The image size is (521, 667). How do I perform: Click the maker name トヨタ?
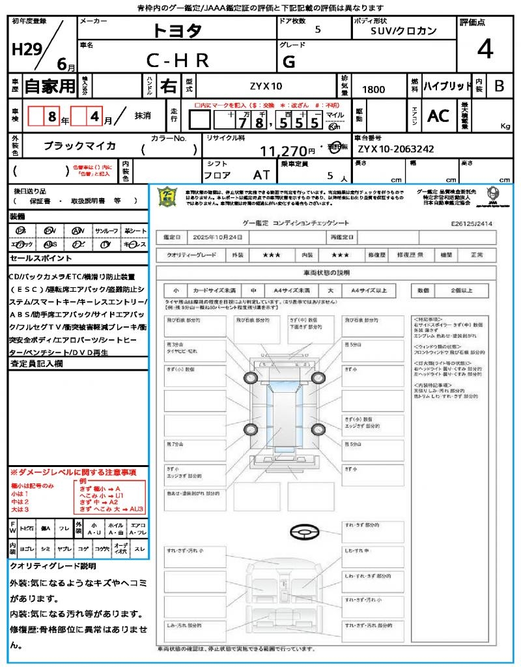[x=177, y=30]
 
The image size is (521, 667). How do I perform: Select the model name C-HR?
[x=177, y=61]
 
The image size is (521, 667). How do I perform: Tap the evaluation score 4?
[x=484, y=49]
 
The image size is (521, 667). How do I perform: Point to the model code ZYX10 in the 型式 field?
[x=266, y=86]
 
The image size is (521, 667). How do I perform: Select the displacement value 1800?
[x=373, y=89]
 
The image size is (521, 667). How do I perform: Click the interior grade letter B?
[x=499, y=86]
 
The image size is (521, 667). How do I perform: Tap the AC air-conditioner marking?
[x=438, y=116]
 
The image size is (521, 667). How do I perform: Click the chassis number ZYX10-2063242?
[x=395, y=149]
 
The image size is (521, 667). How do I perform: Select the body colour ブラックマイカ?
[x=79, y=146]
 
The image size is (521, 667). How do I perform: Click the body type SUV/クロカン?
[x=404, y=30]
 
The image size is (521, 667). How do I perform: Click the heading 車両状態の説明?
[x=326, y=272]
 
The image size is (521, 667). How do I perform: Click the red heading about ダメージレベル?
[x=73, y=472]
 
